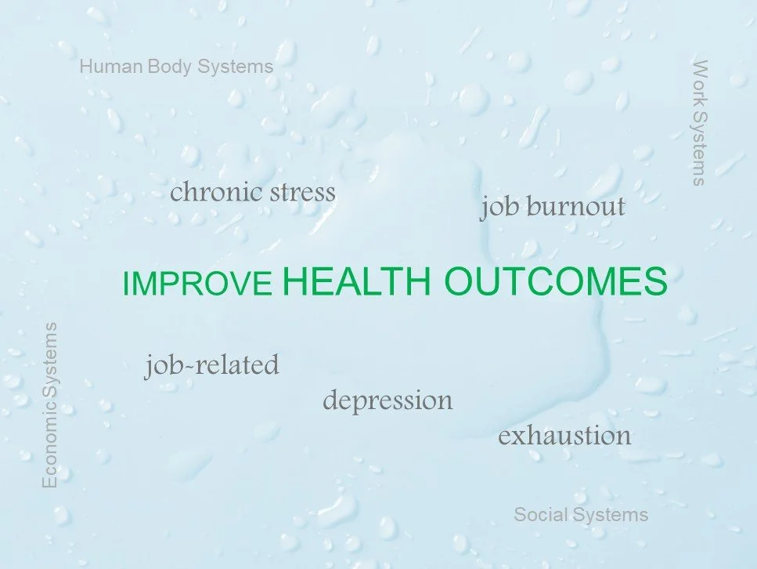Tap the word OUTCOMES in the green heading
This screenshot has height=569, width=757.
(x=555, y=282)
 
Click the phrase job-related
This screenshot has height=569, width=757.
(x=211, y=365)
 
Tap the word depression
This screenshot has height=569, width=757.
(x=388, y=400)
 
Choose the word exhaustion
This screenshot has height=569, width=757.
(x=564, y=436)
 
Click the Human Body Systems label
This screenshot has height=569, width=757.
(x=176, y=67)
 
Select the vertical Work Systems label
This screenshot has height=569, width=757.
(x=700, y=122)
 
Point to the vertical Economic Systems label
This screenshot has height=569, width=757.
(x=50, y=404)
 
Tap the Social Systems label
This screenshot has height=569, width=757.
(x=581, y=515)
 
